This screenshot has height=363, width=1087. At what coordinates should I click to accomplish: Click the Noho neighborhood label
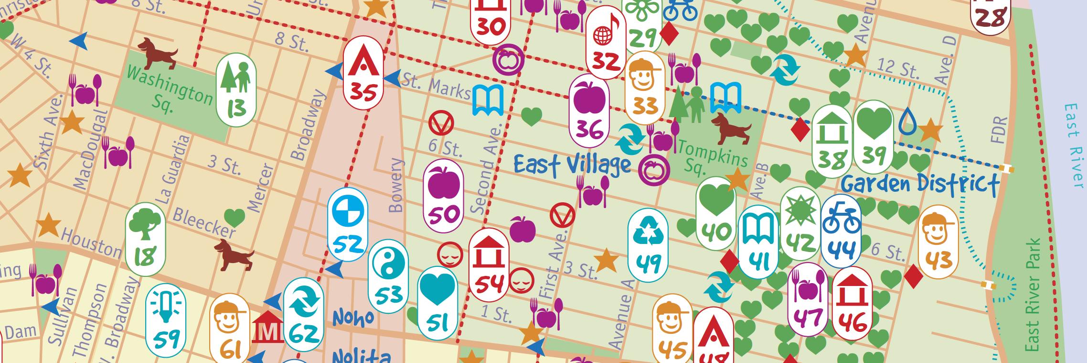[x=353, y=318]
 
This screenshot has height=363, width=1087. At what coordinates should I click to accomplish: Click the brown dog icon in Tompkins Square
[x=731, y=128]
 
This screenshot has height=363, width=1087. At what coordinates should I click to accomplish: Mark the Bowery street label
[x=396, y=186]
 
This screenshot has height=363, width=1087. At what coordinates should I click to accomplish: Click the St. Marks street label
[x=436, y=86]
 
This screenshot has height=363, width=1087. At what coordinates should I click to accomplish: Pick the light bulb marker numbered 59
[x=165, y=319]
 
